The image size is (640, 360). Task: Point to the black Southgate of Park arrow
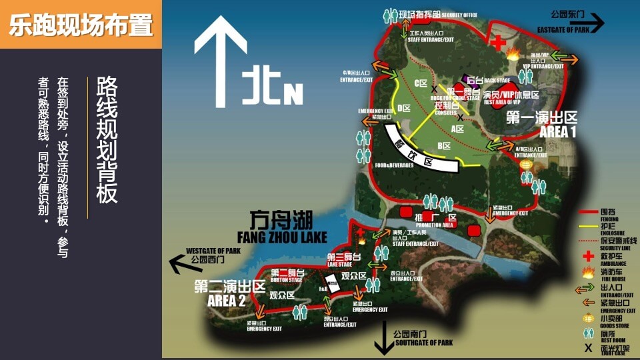click(384, 338)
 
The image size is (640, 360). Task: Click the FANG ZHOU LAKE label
click(282, 237)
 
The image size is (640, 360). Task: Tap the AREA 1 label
click(558, 132)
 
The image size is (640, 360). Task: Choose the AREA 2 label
click(227, 300)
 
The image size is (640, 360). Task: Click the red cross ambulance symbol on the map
click(498, 42)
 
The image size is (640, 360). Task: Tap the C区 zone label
click(420, 83)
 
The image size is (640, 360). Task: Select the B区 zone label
click(444, 146)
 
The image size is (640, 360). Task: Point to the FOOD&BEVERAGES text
click(394, 165)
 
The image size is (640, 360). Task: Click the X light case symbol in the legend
click(588, 348)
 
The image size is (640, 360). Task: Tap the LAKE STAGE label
click(339, 265)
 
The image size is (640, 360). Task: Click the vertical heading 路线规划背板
click(107, 139)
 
